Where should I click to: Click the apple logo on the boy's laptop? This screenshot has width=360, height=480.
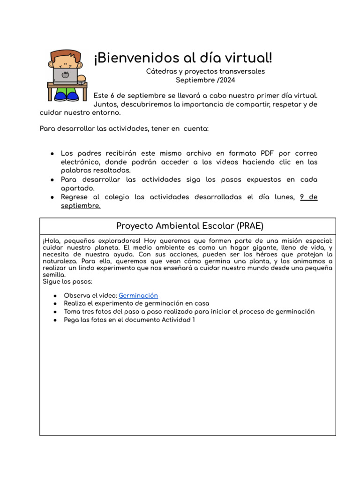pyautogui.click(x=65, y=74)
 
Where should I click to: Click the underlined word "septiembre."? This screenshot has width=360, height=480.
pyautogui.click(x=81, y=206)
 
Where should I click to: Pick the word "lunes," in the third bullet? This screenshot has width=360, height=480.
pyautogui.click(x=283, y=197)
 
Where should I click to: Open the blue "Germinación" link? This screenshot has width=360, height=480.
pyautogui.click(x=138, y=295)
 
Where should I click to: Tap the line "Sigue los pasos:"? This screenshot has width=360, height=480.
pyautogui.click(x=67, y=281)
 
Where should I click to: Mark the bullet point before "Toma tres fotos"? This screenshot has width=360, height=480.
pyautogui.click(x=55, y=312)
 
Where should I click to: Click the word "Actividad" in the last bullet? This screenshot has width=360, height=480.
pyautogui.click(x=176, y=320)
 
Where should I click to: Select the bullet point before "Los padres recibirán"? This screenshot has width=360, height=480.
pyautogui.click(x=52, y=154)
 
